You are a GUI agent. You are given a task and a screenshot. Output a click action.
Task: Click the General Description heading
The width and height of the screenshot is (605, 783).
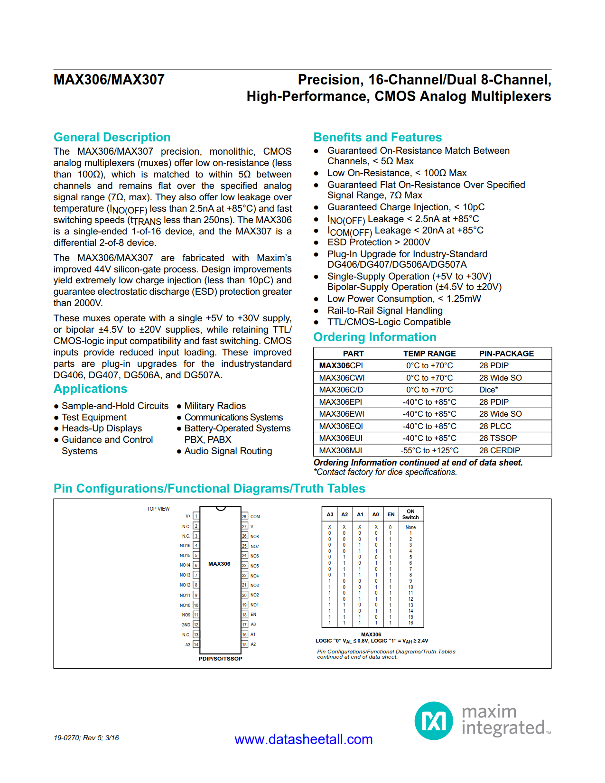coord(112,137)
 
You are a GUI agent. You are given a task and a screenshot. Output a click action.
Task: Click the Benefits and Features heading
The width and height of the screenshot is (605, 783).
coord(377,137)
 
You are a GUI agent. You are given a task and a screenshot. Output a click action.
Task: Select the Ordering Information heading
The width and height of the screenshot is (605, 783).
coord(374,337)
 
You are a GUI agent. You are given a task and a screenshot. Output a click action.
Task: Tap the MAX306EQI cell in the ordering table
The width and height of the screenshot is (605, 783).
coord(341,426)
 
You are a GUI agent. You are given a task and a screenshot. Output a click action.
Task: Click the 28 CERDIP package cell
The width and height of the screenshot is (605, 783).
coord(499,450)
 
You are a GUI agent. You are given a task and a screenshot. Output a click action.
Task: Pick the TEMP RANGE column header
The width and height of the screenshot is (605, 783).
coord(429,354)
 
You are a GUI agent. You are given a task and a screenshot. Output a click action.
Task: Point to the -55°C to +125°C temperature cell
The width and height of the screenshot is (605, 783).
coord(429,450)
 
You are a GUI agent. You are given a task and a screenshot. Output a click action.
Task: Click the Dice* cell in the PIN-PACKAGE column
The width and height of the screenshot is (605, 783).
coord(488,390)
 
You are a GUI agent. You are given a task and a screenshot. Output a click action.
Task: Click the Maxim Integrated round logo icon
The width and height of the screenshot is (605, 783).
coord(433,721)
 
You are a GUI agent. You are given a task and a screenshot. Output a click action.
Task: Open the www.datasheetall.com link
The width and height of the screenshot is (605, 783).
coord(303,739)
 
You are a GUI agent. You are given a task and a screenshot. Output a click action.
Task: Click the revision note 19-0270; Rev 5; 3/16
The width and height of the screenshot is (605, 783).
coord(86,738)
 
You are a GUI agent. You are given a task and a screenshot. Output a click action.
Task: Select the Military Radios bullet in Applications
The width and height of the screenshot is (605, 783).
coord(214,406)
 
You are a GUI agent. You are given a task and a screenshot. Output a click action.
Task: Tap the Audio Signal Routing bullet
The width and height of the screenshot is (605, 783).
coord(228,451)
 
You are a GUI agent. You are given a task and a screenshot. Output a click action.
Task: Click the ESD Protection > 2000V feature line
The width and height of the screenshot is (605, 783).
coord(378,242)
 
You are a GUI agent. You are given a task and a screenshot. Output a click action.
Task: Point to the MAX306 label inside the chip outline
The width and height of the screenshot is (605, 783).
coord(219,564)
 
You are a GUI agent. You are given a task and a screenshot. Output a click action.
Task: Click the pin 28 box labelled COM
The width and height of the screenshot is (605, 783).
coord(244,516)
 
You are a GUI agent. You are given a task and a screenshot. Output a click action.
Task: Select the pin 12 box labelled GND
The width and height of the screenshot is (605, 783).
coord(196,625)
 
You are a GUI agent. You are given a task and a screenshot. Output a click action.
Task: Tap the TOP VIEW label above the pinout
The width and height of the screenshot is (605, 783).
coord(158,509)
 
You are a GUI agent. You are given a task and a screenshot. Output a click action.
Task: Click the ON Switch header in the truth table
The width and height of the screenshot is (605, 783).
coord(410,514)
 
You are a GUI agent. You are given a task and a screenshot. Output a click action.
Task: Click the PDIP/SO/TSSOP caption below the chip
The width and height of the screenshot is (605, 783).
coord(220,659)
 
